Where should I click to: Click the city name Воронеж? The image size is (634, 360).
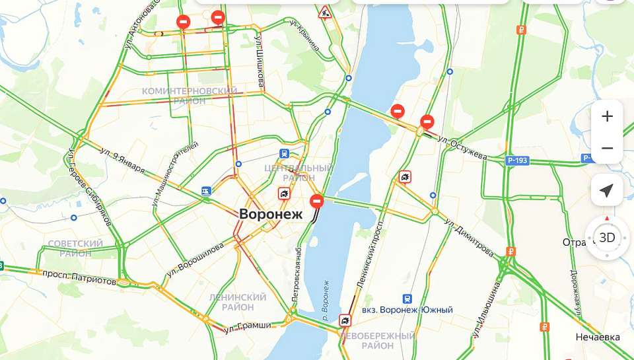pos(270,215)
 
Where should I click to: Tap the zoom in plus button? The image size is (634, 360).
pos(607,117)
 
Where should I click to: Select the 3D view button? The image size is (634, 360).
pos(606,237)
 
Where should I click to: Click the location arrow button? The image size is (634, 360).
pos(606,191)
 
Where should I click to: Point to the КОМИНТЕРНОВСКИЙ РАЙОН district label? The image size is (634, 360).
pos(190,96)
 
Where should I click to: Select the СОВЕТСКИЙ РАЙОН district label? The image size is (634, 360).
pos(76,248)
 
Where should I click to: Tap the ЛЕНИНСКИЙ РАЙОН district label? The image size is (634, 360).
pos(237,302)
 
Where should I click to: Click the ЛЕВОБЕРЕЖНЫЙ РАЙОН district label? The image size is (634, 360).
pos(377,340)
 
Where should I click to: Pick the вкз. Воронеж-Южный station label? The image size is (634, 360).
pos(407,310)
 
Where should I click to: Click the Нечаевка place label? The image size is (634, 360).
pos(598,338)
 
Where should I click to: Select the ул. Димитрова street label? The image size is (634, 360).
pos(470,236)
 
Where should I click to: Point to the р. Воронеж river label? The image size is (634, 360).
pos(323,299)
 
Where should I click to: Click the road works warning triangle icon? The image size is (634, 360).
pos(324,13)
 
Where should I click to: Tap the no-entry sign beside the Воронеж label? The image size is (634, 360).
pos(317,201)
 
